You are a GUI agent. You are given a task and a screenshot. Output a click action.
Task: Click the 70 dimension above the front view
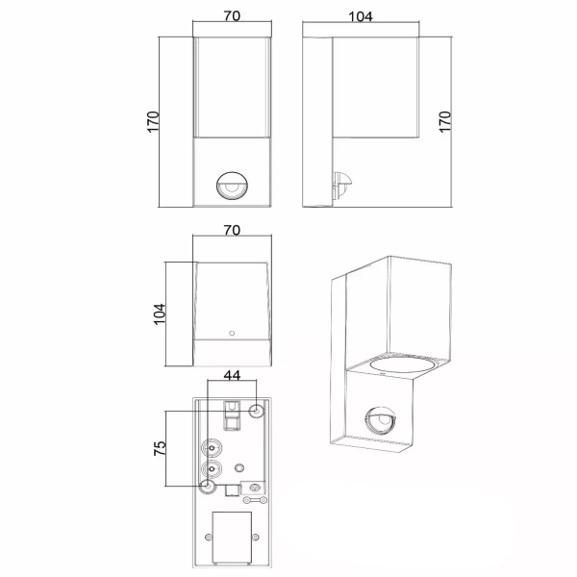pyautogui.click(x=230, y=16)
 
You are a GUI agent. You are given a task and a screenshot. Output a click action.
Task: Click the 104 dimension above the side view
pyautogui.click(x=361, y=16)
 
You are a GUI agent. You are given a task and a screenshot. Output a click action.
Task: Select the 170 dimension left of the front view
pyautogui.click(x=153, y=123)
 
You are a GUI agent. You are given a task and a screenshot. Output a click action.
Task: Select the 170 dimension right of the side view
pyautogui.click(x=445, y=123)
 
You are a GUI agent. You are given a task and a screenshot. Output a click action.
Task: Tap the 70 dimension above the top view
pyautogui.click(x=230, y=232)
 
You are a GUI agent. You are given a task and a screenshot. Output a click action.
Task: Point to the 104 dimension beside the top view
pyautogui.click(x=159, y=314)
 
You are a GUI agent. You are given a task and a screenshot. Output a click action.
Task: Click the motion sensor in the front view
pyautogui.click(x=231, y=187)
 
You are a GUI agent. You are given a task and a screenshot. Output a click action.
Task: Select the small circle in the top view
pyautogui.click(x=231, y=334)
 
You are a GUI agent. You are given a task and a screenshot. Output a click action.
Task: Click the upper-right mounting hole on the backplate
pyautogui.click(x=255, y=412)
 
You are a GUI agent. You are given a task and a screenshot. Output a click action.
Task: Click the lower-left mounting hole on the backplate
pyautogui.click(x=206, y=487)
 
